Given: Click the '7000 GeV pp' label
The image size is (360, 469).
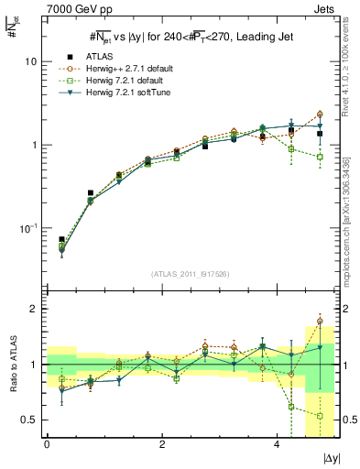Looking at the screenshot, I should [71, 7].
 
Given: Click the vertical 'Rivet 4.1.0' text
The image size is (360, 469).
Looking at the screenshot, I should [353, 64].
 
